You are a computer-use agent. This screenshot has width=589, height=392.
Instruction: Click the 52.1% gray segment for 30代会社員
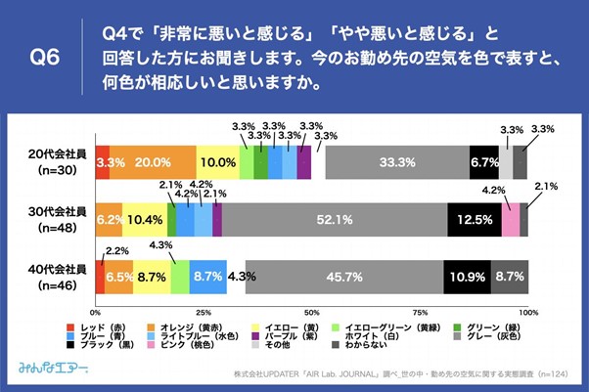tap(335, 220)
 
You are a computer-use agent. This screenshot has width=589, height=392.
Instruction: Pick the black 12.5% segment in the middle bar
tap(474, 220)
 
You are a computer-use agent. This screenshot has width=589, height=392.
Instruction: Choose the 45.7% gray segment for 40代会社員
tap(343, 278)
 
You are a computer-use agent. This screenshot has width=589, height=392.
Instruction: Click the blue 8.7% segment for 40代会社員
tap(208, 278)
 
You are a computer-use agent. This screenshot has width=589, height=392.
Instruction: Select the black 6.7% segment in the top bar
tap(483, 161)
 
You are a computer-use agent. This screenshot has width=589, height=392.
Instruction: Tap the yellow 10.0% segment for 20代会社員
tap(217, 161)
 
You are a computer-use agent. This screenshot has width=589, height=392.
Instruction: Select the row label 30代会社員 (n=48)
tap(58, 219)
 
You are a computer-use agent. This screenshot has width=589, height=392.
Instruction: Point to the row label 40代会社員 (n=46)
tap(58, 277)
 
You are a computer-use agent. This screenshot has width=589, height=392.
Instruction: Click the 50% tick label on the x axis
tap(311, 311)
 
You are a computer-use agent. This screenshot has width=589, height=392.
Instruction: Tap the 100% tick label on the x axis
tap(528, 311)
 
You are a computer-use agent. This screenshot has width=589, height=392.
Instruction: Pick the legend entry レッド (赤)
tap(98, 325)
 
